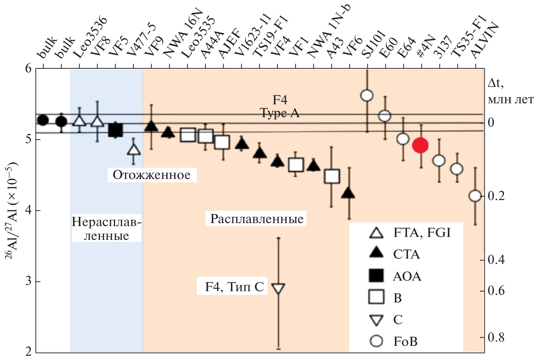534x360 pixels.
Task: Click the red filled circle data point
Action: coord(420,145)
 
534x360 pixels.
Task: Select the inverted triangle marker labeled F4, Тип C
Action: coord(279,288)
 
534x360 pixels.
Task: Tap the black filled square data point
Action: coord(115,130)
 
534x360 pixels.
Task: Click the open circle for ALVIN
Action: coord(475,196)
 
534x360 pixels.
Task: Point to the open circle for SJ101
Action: coord(367,95)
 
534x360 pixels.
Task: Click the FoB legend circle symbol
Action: coord(376,341)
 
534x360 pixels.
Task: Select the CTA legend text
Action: coord(407,254)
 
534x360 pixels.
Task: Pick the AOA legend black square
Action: coord(376,276)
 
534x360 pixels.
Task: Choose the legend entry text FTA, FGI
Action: coord(422,233)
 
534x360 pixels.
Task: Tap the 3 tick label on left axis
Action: coord(29,282)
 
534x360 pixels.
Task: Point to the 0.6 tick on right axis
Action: coord(496,291)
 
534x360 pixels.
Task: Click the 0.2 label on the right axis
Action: coord(496,196)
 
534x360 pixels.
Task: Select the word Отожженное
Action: coord(152,175)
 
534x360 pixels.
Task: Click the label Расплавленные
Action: coord(257,219)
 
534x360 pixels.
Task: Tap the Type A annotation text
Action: coord(280,113)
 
